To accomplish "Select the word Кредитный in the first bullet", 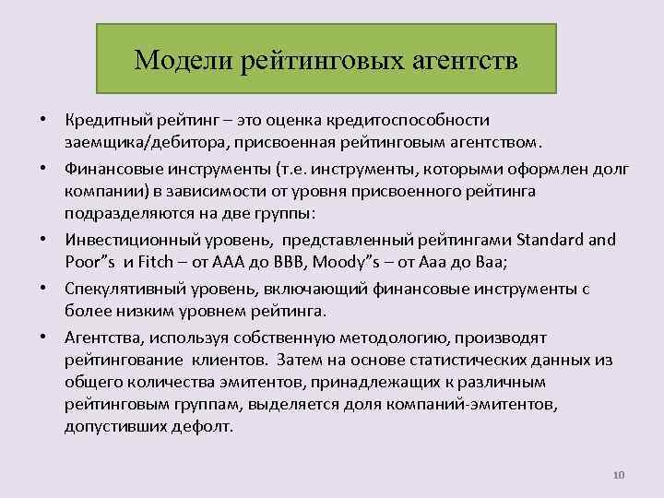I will tap(107, 122).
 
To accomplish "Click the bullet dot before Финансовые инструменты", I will tap(44, 169).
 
